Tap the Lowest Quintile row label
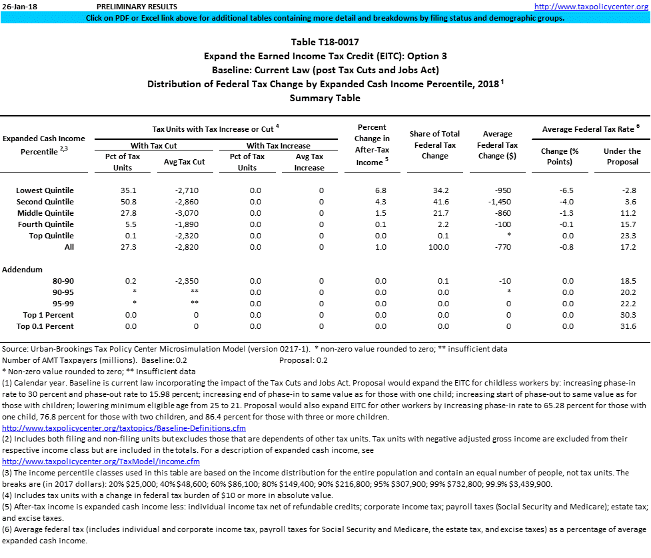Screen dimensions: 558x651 (45, 190)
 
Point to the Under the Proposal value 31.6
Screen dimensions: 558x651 (628, 326)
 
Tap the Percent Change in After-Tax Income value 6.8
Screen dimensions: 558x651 (380, 190)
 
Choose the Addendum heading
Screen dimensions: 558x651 (23, 270)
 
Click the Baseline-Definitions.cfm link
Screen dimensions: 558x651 (124, 427)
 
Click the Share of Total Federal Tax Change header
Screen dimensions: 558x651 (435, 145)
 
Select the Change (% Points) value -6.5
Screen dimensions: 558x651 (567, 190)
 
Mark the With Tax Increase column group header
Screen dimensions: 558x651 (279, 146)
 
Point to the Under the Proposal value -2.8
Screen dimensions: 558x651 (628, 190)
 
